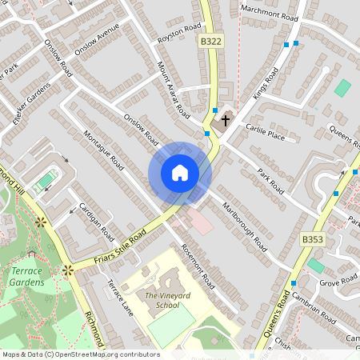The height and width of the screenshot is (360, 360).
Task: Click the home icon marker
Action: (180, 173)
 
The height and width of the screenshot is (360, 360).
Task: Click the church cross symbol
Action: (226, 121)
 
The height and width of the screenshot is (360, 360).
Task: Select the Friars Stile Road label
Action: (120, 243)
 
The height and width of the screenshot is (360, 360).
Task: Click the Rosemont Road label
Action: (198, 266)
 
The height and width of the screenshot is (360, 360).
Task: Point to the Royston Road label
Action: (179, 32)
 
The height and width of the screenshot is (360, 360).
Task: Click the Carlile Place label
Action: (266, 132)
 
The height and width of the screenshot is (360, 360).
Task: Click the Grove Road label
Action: (338, 282)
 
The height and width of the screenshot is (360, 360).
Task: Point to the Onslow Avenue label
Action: (97, 38)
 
